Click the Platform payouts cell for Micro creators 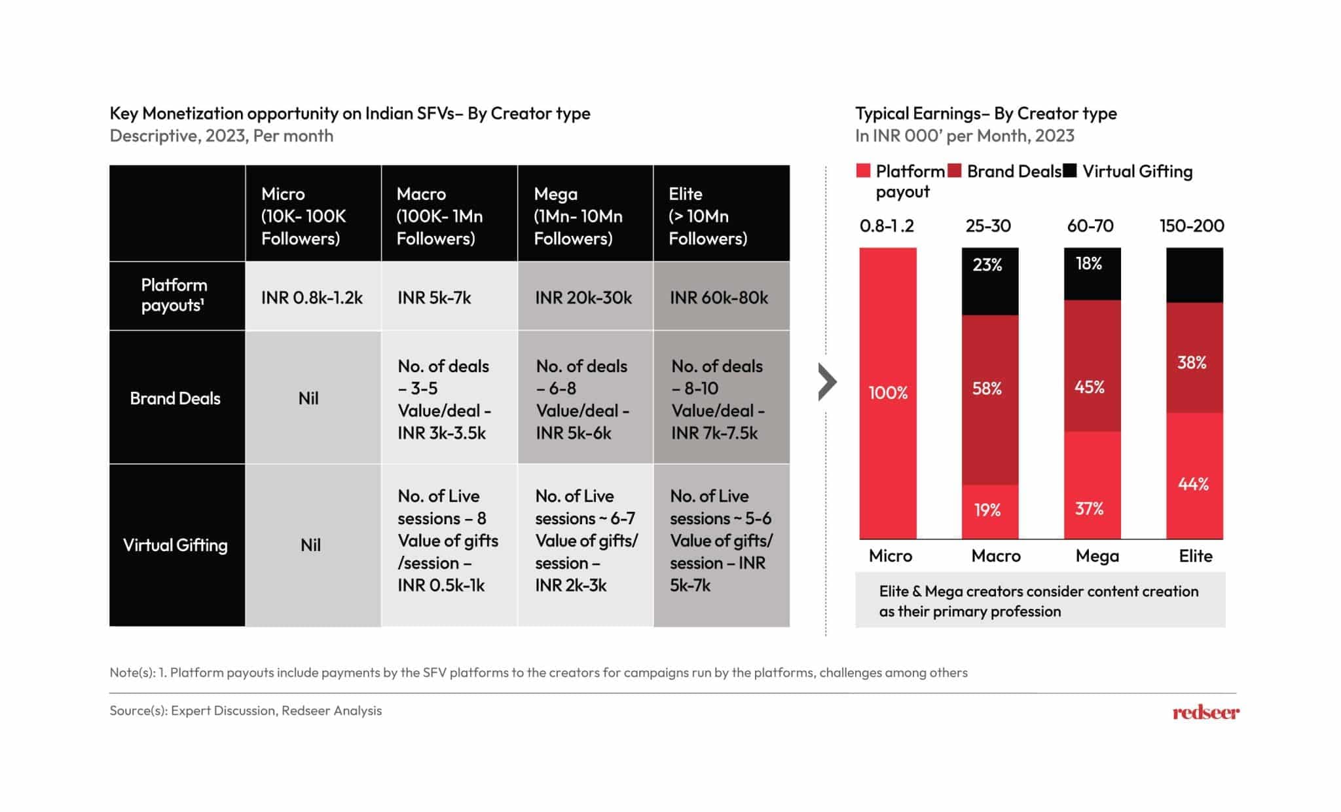(x=312, y=298)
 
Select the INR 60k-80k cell (x=719, y=298)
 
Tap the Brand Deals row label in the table (x=175, y=398)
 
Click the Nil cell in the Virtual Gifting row (x=311, y=545)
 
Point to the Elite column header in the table (x=708, y=216)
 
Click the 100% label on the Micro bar (x=888, y=393)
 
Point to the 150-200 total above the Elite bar (x=1192, y=226)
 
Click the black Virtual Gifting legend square (x=1069, y=171)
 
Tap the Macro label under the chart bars (x=996, y=556)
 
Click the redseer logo (x=1205, y=712)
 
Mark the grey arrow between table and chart (x=827, y=382)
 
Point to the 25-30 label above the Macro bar (x=988, y=226)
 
